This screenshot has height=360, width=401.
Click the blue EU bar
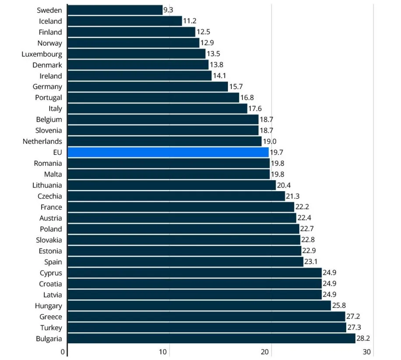point(168,152)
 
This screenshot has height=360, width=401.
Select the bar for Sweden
point(115,10)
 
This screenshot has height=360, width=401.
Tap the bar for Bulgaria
point(212,339)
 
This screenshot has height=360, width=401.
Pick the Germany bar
point(148,87)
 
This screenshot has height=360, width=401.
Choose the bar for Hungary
point(199,306)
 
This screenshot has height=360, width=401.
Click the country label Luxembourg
point(42,54)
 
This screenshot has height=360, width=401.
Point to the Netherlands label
point(42,141)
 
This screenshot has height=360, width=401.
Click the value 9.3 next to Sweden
point(168,10)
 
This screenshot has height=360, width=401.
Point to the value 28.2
point(363,339)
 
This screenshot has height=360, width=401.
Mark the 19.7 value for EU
point(277,152)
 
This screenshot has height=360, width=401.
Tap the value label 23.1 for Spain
point(312,262)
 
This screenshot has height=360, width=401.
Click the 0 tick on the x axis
point(63,352)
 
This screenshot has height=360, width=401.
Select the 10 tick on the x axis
point(163,352)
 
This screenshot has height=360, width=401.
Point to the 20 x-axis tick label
point(265,352)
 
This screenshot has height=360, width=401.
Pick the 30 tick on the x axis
point(367,352)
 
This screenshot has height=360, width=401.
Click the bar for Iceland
point(125,21)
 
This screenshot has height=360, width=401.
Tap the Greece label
point(50,317)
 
